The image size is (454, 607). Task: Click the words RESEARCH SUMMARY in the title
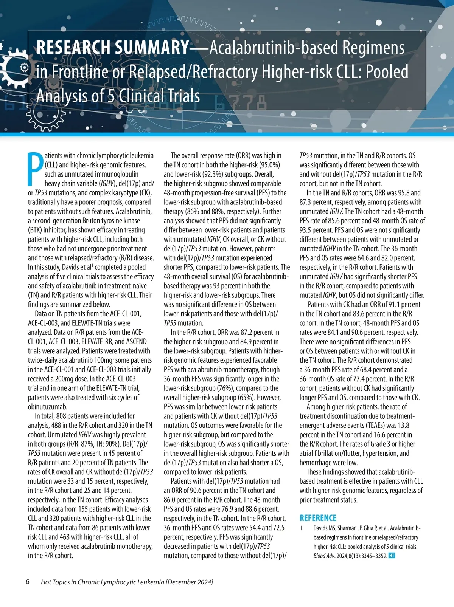(112, 48)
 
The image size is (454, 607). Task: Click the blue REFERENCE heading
(318, 518)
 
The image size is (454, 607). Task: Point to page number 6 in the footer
(28, 582)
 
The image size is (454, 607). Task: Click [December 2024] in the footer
(189, 582)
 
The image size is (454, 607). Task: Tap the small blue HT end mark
(392, 556)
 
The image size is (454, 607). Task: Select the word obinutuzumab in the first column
(48, 407)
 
